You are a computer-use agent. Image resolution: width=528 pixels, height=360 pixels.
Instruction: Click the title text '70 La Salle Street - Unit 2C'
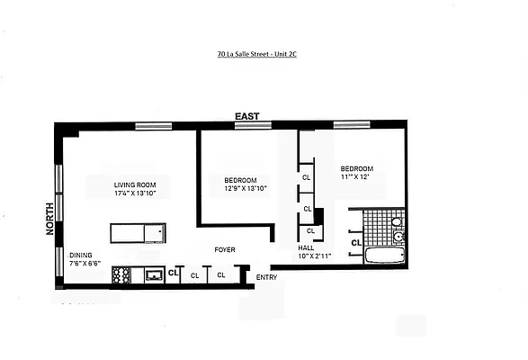264,54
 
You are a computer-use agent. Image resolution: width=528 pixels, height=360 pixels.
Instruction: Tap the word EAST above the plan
247,116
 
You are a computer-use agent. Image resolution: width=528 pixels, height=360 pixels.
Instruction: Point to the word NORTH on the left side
50,219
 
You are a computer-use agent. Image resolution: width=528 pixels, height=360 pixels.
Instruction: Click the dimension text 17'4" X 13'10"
135,193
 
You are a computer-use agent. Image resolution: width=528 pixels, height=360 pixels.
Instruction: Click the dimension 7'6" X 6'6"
84,265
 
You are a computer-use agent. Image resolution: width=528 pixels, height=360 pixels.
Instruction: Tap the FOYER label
225,249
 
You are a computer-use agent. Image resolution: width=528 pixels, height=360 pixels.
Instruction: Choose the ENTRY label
266,276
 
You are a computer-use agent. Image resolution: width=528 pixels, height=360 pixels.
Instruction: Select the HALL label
306,247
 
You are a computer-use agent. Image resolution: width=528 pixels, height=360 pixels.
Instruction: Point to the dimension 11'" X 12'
356,177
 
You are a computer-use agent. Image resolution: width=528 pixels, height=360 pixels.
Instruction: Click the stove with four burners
121,275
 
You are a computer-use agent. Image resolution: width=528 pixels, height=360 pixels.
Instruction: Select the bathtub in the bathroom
384,256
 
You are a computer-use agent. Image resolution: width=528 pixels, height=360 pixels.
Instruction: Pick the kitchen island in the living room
138,233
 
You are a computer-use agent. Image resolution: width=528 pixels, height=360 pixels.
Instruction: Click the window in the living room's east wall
154,126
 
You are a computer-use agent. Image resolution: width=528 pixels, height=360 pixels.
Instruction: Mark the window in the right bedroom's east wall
351,124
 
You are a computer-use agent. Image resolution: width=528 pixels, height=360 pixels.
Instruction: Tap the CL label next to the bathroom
356,242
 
